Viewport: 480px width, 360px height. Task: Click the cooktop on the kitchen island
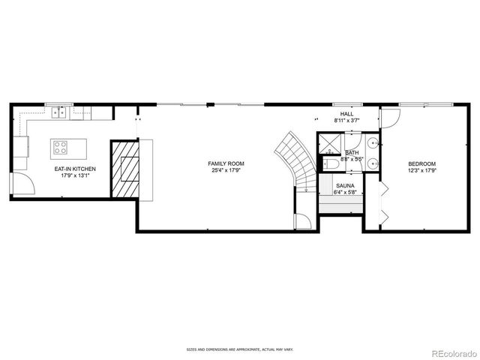click(60, 147)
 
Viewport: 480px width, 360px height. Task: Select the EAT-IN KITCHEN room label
click(75, 169)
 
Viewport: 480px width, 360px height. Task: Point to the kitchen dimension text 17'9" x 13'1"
click(75, 176)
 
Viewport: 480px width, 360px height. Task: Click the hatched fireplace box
click(124, 168)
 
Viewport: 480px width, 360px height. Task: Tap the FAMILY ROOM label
click(226, 163)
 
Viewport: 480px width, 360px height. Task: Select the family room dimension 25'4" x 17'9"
click(226, 170)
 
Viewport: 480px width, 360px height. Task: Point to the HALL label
click(346, 113)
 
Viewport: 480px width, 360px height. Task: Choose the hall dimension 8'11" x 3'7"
click(346, 120)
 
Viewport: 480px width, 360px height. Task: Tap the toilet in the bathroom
click(331, 163)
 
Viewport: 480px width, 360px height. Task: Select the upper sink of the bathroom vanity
click(373, 142)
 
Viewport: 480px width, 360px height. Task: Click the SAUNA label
click(344, 184)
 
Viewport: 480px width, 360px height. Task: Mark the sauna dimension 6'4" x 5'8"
click(344, 192)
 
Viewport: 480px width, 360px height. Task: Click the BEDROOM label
click(421, 163)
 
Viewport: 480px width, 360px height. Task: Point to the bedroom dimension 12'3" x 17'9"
click(421, 170)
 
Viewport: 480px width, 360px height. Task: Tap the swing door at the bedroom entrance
click(390, 118)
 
